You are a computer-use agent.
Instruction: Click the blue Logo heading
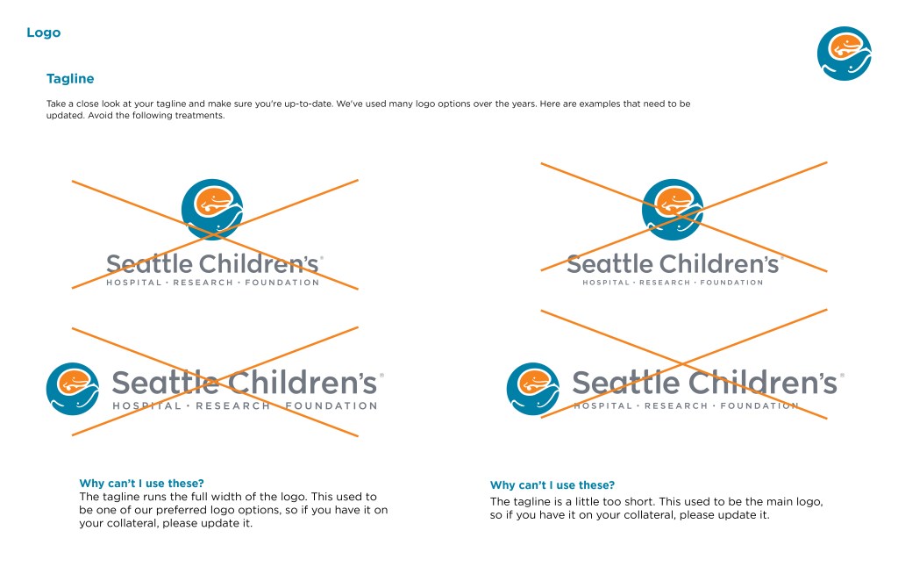[44, 32]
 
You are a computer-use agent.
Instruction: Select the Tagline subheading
[70, 78]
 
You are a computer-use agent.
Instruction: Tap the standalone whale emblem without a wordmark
[844, 54]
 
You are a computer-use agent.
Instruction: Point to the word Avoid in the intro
[97, 115]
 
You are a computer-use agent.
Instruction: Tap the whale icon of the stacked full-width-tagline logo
[212, 209]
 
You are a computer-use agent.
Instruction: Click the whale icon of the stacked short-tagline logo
[673, 209]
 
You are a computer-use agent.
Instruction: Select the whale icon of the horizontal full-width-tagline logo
[73, 389]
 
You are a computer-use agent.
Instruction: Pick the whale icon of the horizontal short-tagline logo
[533, 389]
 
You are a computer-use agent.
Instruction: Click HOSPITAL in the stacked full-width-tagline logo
[134, 283]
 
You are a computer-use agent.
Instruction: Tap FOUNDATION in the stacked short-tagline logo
[731, 283]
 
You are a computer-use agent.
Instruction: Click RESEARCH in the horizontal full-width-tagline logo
[232, 405]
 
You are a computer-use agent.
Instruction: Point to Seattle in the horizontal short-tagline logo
[626, 383]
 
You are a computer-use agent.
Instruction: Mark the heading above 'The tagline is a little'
[552, 485]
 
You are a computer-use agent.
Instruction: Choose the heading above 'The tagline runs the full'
[141, 484]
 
